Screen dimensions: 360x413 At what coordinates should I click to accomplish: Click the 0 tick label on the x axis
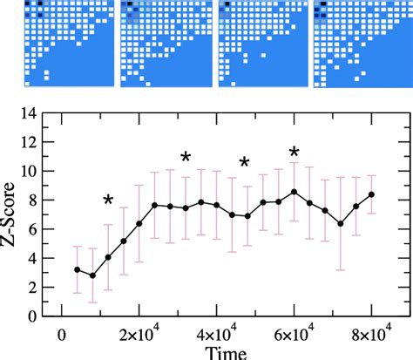[x=61, y=333]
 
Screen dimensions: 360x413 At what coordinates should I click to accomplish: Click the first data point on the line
[x=78, y=270]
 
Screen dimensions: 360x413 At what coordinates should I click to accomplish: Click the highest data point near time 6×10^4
[x=295, y=192]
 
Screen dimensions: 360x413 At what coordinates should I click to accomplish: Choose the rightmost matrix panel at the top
[x=357, y=44]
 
